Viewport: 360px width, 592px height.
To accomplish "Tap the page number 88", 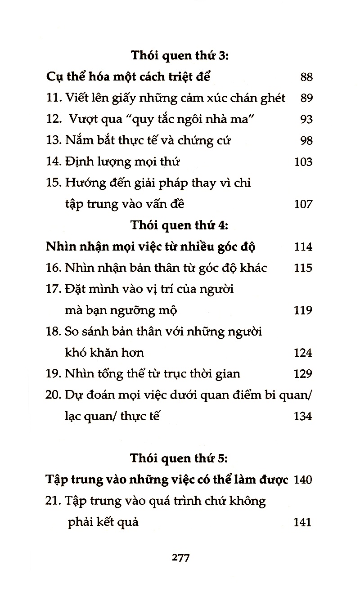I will coord(306,77).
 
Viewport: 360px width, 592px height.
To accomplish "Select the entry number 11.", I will coord(54,98).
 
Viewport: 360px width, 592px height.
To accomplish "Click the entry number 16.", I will coord(54,268).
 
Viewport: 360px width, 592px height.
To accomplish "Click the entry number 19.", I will coord(54,374).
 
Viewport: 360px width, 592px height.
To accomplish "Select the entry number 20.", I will coord(54,395).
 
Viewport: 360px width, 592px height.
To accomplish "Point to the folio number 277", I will coord(180,558).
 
